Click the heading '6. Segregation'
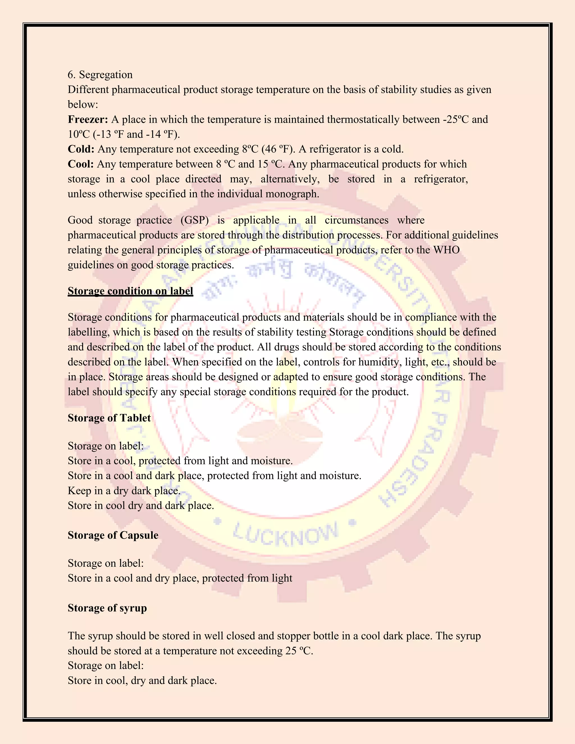click(100, 75)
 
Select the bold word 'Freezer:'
click(88, 120)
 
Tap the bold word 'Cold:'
click(81, 149)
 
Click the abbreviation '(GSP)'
click(195, 220)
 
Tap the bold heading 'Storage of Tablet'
click(109, 418)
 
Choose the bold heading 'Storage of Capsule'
click(113, 535)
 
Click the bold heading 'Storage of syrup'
click(107, 608)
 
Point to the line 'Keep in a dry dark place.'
click(124, 490)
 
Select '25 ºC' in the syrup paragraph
click(298, 651)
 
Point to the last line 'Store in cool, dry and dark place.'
click(142, 681)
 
